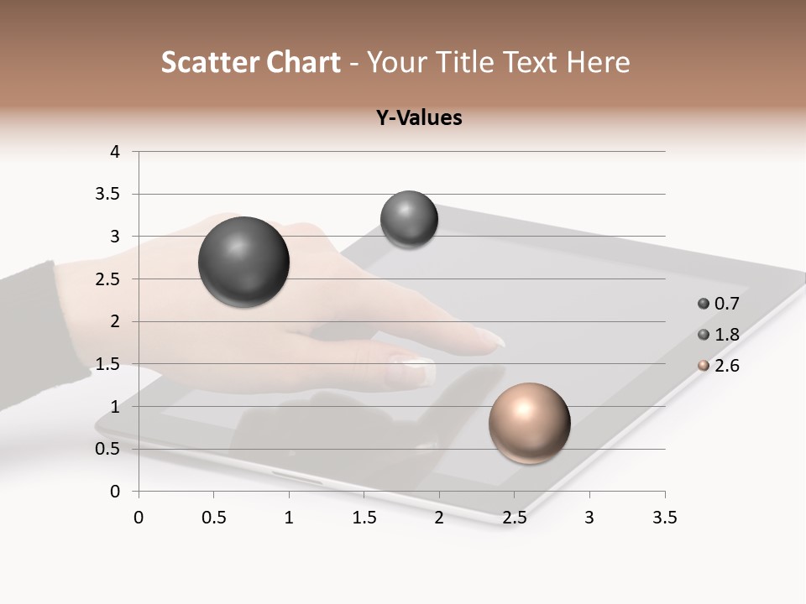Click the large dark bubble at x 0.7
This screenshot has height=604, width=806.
pyautogui.click(x=243, y=262)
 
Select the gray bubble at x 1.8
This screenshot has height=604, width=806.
pyautogui.click(x=409, y=220)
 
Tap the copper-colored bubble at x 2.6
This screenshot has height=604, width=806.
pyautogui.click(x=529, y=423)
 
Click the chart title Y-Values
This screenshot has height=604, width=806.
pyautogui.click(x=419, y=117)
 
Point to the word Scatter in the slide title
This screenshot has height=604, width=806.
pyautogui.click(x=209, y=62)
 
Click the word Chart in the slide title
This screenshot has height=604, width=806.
pyautogui.click(x=303, y=62)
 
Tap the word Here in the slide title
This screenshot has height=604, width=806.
pyautogui.click(x=598, y=62)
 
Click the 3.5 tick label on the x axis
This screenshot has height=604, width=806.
pyautogui.click(x=664, y=518)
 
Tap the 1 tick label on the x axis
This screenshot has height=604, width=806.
pyautogui.click(x=289, y=518)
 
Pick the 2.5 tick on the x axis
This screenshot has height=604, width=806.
pyautogui.click(x=514, y=518)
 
